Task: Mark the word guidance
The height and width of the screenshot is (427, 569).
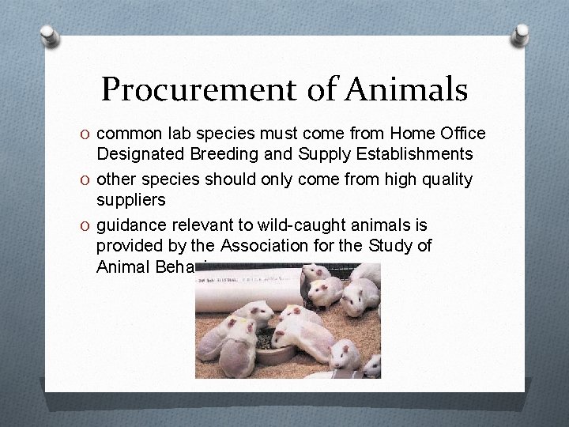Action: pos(130,224)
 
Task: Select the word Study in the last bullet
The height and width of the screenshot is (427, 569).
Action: pos(386,245)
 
